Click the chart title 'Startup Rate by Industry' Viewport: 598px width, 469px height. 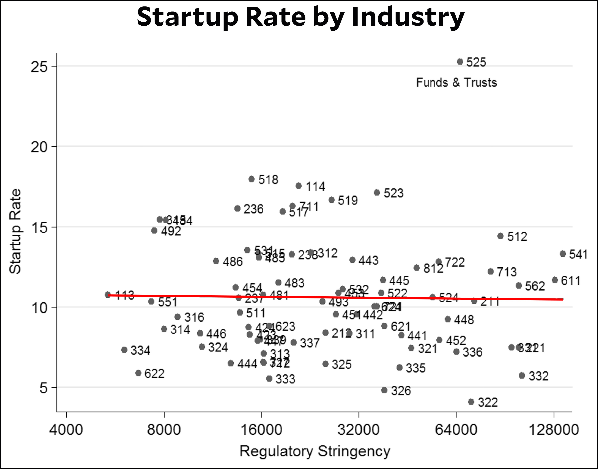(301, 17)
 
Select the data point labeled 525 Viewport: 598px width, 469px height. (460, 61)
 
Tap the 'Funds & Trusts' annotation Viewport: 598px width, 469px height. (456, 82)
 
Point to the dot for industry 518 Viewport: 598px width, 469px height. (252, 179)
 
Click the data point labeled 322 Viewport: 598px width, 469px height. (471, 402)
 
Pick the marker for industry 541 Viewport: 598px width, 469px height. (563, 253)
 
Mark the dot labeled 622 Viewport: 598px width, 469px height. (138, 373)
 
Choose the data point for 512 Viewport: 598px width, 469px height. (501, 236)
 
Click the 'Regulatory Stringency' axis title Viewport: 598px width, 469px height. (315, 452)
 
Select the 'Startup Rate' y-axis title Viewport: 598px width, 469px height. (15, 231)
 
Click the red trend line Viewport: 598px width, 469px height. (329, 297)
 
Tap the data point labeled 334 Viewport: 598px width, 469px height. (124, 349)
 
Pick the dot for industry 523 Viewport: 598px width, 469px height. (377, 192)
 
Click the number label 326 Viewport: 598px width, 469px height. (401, 391)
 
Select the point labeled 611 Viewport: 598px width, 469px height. (555, 280)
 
